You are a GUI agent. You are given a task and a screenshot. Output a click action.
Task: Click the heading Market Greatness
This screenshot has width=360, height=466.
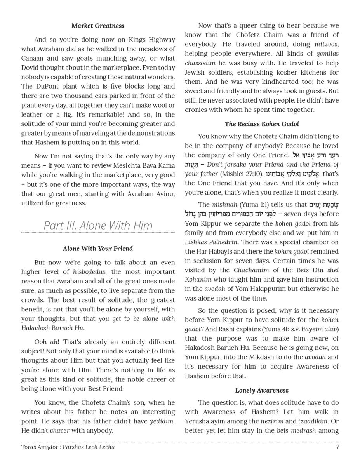pyautogui.click(x=98, y=26)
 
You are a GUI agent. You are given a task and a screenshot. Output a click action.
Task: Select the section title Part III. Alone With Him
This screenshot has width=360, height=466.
pyautogui.click(x=98, y=225)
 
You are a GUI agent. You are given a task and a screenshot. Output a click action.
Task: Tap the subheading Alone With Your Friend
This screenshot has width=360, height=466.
pyautogui.click(x=98, y=249)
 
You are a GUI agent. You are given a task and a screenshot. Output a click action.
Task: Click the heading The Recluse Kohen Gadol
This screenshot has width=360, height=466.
pyautogui.click(x=262, y=124)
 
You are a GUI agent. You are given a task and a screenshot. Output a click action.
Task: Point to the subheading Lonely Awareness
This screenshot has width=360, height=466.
pyautogui.click(x=262, y=390)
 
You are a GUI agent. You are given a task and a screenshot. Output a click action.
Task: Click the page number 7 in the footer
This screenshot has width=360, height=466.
pyautogui.click(x=337, y=447)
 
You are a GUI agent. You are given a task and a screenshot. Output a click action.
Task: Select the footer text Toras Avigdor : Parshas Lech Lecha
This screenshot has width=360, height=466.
pyautogui.click(x=68, y=447)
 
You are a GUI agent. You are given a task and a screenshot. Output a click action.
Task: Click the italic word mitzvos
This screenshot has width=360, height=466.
pyautogui.click(x=326, y=44)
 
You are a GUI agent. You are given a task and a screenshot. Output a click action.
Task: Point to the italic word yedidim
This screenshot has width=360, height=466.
pyautogui.click(x=162, y=421)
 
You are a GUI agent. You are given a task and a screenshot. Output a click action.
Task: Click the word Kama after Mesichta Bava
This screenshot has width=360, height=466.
pyautogui.click(x=165, y=166)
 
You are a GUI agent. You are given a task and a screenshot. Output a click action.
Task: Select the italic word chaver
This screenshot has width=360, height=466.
pyautogui.click(x=59, y=430)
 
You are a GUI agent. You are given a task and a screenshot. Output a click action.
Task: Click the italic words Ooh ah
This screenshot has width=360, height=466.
pyautogui.click(x=46, y=342)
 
